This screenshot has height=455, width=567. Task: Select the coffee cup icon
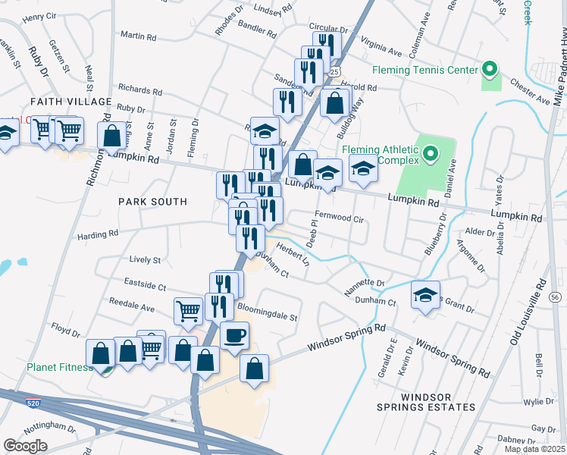[x=234, y=334]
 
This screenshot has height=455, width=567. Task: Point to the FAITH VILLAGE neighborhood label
[x=70, y=102]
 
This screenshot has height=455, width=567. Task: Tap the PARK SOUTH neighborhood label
[x=152, y=202]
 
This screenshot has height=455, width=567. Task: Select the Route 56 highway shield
[x=555, y=297]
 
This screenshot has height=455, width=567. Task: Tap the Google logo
[x=25, y=446]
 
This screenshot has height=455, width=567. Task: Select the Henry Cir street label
[x=39, y=16]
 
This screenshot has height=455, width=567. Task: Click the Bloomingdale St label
[x=268, y=311]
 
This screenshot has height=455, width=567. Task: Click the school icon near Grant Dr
[x=425, y=294]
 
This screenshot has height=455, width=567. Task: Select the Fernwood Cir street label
[x=346, y=217]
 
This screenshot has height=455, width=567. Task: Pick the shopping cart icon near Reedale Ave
[x=188, y=309]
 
